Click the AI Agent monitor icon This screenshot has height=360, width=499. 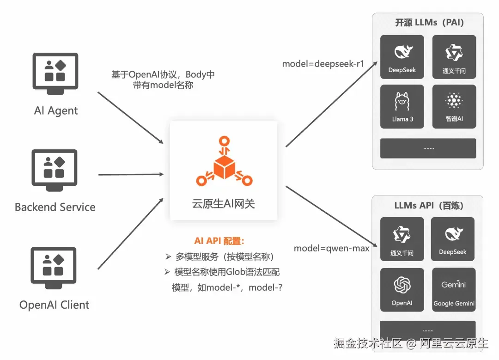(55, 73)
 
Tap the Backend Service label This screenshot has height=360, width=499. (55, 207)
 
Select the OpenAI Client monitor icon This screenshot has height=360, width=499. (54, 268)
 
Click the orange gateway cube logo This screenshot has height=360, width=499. (225, 161)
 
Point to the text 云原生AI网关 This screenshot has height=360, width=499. (224, 204)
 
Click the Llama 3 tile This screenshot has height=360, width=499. (402, 107)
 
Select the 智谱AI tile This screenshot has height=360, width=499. (454, 107)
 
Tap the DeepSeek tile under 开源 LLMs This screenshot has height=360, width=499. (402, 57)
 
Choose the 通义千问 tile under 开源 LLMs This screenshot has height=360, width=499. (454, 57)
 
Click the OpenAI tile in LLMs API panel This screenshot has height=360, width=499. (402, 290)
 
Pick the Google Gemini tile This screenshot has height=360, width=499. (454, 290)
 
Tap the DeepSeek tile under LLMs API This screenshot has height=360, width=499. (452, 239)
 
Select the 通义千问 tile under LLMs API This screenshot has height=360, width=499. (402, 239)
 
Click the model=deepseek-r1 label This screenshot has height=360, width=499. (323, 64)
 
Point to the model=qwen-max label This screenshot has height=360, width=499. (332, 248)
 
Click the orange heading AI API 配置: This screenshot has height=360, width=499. (219, 241)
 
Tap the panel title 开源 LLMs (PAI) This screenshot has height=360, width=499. (429, 23)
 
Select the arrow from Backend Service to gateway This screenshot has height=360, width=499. (131, 174)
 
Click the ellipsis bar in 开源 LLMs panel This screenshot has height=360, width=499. (428, 148)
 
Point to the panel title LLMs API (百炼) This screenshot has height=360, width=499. (429, 206)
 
